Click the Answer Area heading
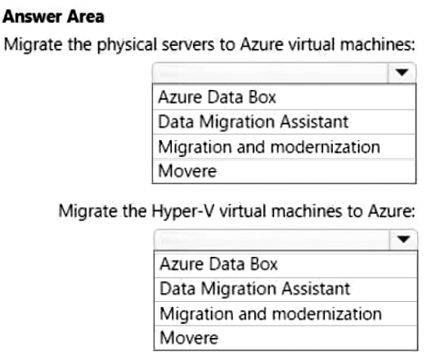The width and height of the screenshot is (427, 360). (53, 16)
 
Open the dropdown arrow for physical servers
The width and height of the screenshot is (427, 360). (402, 73)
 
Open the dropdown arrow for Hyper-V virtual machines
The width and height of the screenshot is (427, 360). (403, 240)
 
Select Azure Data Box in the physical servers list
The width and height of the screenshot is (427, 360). (217, 97)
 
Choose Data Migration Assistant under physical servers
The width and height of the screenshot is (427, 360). (254, 122)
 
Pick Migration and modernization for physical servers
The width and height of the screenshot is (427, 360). (269, 147)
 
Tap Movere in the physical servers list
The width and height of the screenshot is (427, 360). (187, 171)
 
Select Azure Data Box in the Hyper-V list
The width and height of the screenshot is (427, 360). (218, 264)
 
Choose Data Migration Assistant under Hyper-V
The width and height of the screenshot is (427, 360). (255, 289)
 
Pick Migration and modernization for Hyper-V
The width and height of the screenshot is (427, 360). (271, 314)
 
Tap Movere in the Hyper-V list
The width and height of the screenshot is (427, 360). (189, 338)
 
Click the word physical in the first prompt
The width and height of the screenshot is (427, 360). (128, 45)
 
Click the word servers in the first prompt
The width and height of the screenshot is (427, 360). (188, 45)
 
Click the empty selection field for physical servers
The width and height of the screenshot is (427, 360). (271, 73)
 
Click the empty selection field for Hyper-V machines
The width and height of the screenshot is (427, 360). (272, 240)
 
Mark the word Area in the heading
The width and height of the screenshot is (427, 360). (86, 16)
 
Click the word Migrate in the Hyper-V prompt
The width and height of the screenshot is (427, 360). (88, 212)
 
